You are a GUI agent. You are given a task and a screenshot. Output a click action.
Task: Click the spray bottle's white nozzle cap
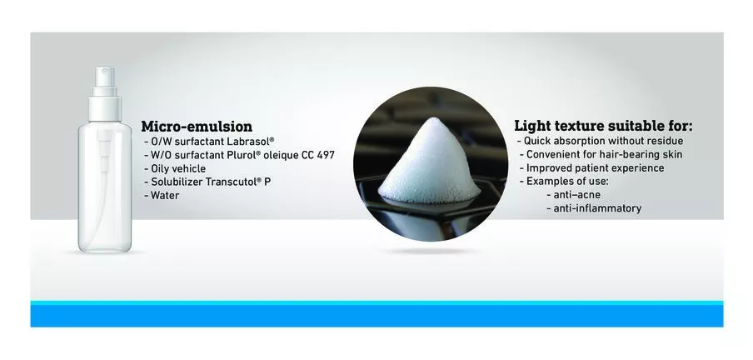tap(105, 93)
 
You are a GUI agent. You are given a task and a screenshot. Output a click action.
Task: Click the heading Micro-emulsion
tap(197, 127)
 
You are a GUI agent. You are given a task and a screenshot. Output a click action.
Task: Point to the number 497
tap(326, 155)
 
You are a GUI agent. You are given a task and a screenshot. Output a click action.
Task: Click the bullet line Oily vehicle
tap(175, 168)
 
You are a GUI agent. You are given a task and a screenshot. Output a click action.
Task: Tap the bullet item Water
tap(162, 196)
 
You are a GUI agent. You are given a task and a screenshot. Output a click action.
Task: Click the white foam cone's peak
tap(431, 118)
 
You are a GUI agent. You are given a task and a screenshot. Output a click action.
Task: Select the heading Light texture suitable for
tap(604, 126)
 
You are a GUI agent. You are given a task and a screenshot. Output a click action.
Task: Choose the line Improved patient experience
tap(592, 168)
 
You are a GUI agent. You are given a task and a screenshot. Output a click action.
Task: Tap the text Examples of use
tap(565, 182)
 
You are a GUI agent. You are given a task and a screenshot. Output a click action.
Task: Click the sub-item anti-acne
tap(574, 195)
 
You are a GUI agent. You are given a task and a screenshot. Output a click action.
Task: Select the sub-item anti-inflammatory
tap(594, 208)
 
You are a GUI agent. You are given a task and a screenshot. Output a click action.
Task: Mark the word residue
tap(664, 142)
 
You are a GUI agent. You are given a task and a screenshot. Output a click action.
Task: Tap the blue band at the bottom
tap(376, 315)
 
